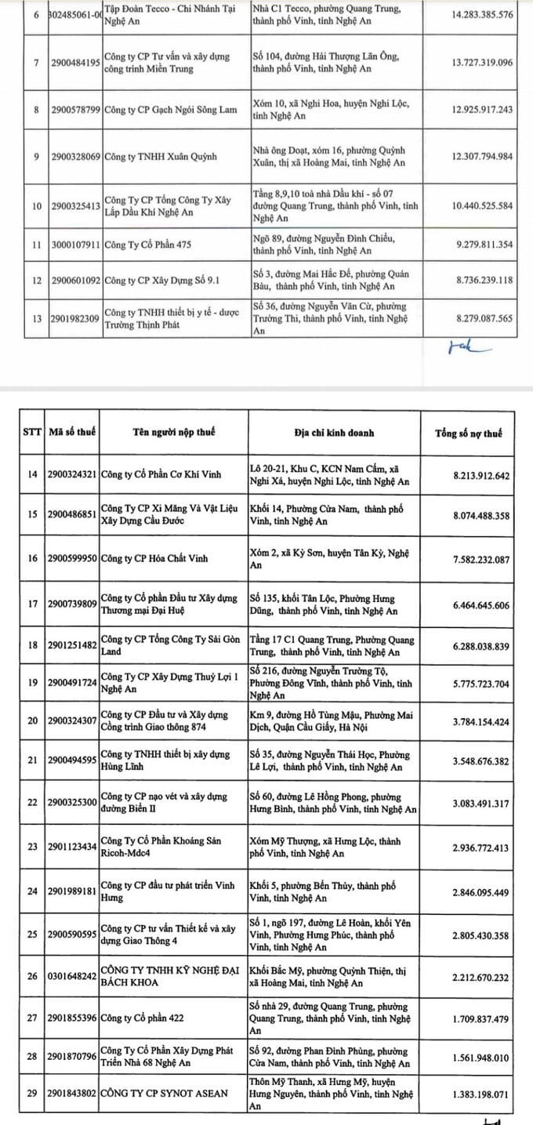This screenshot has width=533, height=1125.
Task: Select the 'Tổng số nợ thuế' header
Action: tap(468, 433)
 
